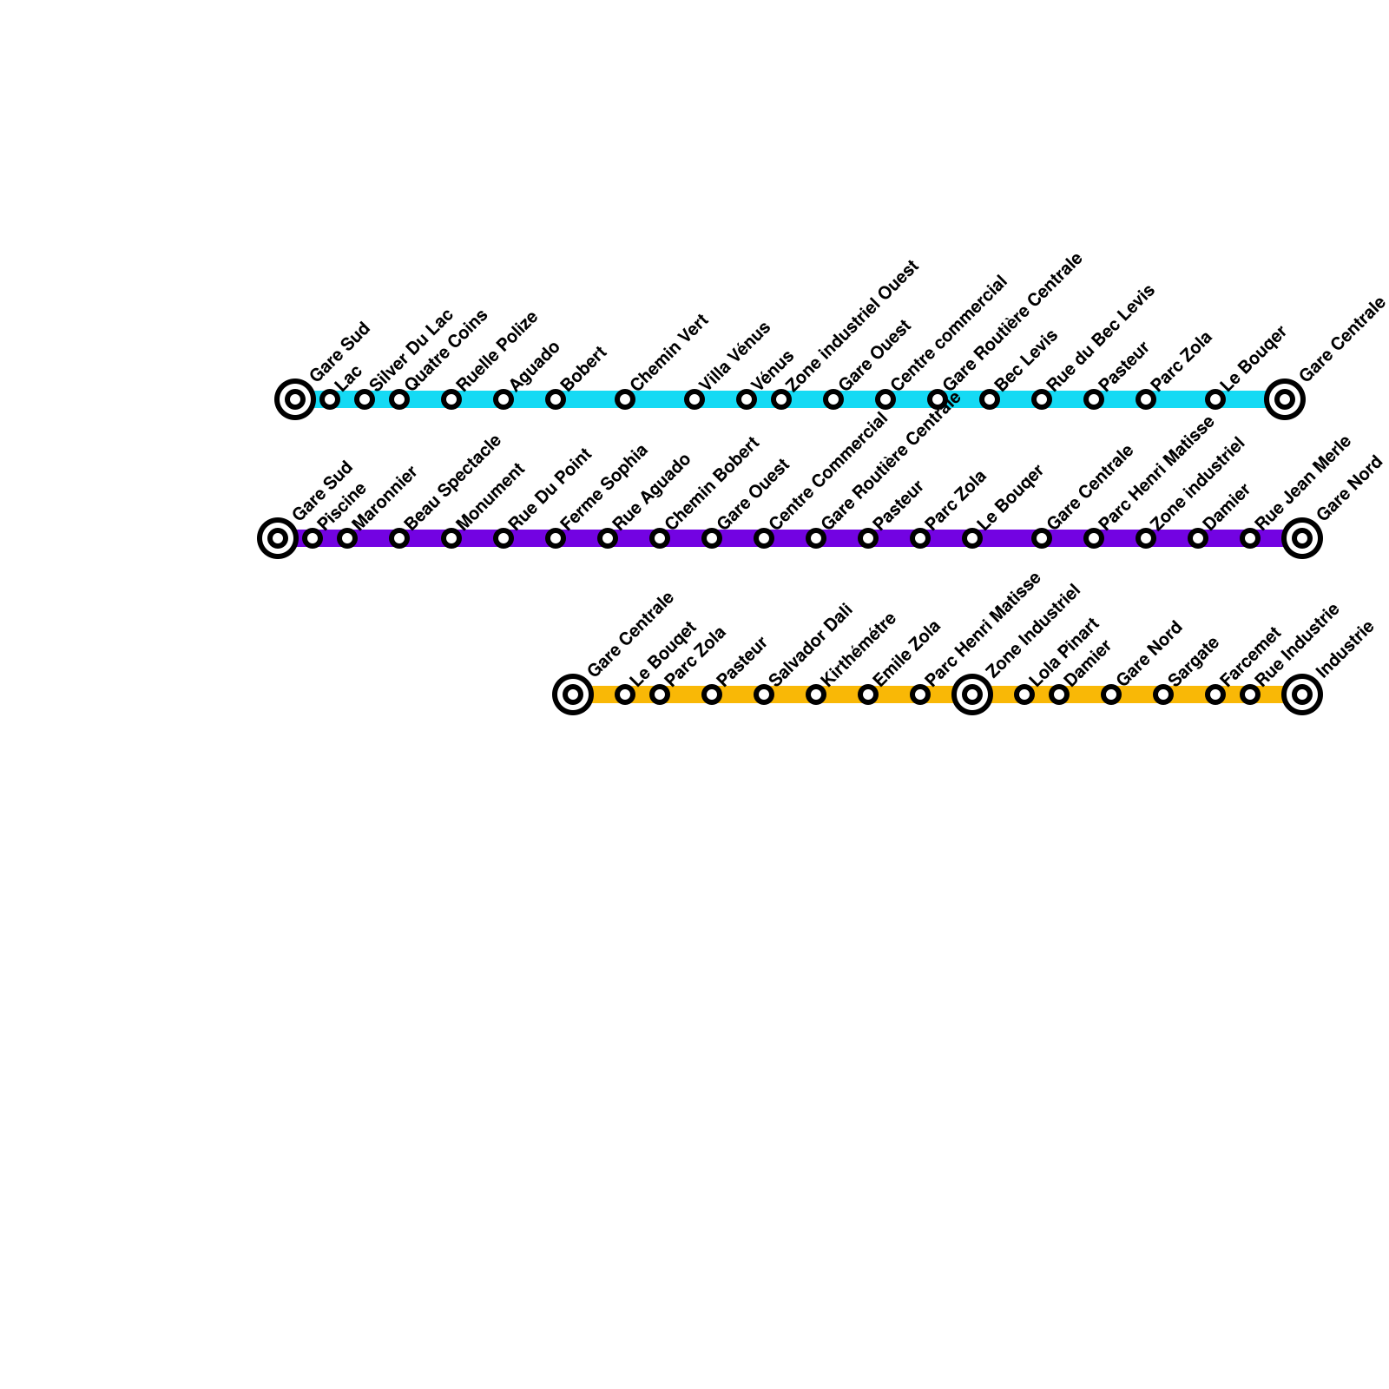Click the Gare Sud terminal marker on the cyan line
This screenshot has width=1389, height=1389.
(x=295, y=399)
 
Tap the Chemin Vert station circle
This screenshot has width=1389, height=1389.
(x=625, y=399)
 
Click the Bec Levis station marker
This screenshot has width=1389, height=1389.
(x=990, y=399)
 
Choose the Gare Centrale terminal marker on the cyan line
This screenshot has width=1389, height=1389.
(x=1285, y=399)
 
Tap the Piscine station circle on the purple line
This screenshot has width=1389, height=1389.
(x=313, y=538)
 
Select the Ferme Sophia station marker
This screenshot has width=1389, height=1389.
(x=556, y=538)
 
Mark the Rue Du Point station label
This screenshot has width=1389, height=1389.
(x=550, y=488)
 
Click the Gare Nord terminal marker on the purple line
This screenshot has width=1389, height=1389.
(x=1302, y=538)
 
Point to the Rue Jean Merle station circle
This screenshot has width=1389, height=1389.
(x=1250, y=538)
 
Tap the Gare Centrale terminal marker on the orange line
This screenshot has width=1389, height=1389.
(x=573, y=694)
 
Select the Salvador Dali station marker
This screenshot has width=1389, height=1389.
(x=764, y=694)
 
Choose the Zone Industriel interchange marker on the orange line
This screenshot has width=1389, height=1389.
(x=972, y=694)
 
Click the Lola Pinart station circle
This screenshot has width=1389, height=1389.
(x=1024, y=694)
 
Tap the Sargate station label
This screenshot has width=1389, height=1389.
(x=1194, y=661)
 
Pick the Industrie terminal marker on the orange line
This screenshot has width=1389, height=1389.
(x=1302, y=694)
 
